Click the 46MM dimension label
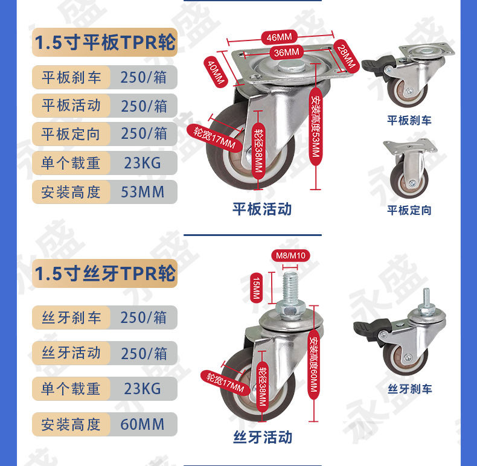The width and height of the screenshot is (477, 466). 279,37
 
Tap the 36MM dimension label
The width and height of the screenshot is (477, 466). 286,53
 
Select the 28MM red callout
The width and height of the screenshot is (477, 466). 347,56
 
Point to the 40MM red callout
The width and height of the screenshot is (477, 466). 216,72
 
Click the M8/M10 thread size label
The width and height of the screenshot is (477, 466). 290,255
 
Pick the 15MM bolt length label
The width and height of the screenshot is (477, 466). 256,288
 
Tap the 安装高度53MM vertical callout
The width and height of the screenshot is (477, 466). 316,127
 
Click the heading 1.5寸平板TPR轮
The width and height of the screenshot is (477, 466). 104,42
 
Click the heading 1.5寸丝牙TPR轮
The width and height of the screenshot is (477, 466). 104,273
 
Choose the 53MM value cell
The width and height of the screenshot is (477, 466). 143,191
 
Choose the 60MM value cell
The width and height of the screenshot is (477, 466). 143,424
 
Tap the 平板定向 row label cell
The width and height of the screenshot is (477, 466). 71,134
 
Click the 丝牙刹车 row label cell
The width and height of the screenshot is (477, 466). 71,318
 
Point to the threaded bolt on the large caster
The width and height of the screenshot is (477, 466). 291,287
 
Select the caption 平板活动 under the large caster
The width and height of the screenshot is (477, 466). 262,209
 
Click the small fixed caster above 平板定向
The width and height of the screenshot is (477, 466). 409,169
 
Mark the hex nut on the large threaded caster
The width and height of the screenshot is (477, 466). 290,310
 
